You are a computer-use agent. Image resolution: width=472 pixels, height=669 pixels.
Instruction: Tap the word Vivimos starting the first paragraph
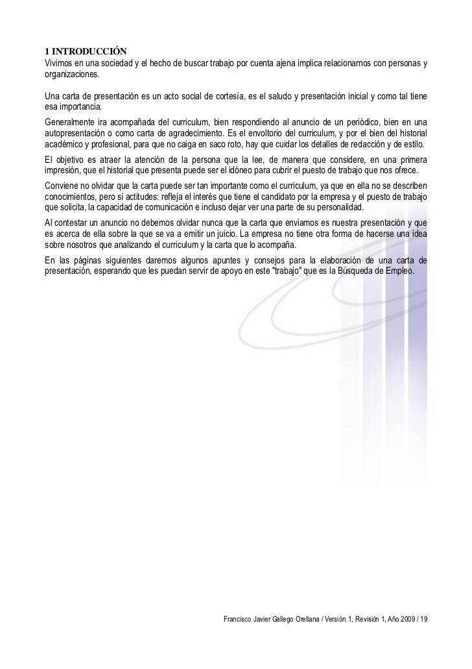[58, 63]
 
